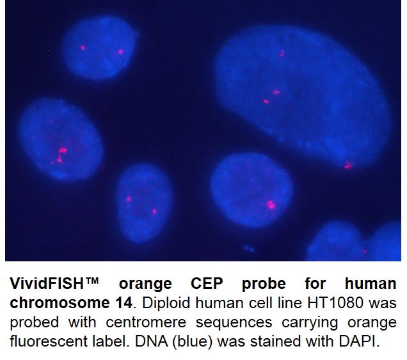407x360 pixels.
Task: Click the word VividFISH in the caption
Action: (47, 283)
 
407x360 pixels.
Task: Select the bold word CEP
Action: (207, 283)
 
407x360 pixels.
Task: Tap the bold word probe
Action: (264, 284)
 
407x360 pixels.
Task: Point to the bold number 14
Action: (123, 302)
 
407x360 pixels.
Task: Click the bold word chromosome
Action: (60, 302)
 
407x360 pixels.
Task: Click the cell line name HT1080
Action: (335, 302)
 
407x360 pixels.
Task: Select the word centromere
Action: (146, 322)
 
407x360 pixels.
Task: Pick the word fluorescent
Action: (49, 341)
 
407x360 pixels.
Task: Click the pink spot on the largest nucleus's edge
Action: (348, 165)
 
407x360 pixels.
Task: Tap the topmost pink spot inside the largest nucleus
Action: (282, 54)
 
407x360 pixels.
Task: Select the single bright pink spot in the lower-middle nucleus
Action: (271, 205)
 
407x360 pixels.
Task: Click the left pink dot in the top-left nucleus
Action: (83, 48)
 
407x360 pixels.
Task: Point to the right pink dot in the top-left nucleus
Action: (120, 52)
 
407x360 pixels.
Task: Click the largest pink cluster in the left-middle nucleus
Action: (63, 151)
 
